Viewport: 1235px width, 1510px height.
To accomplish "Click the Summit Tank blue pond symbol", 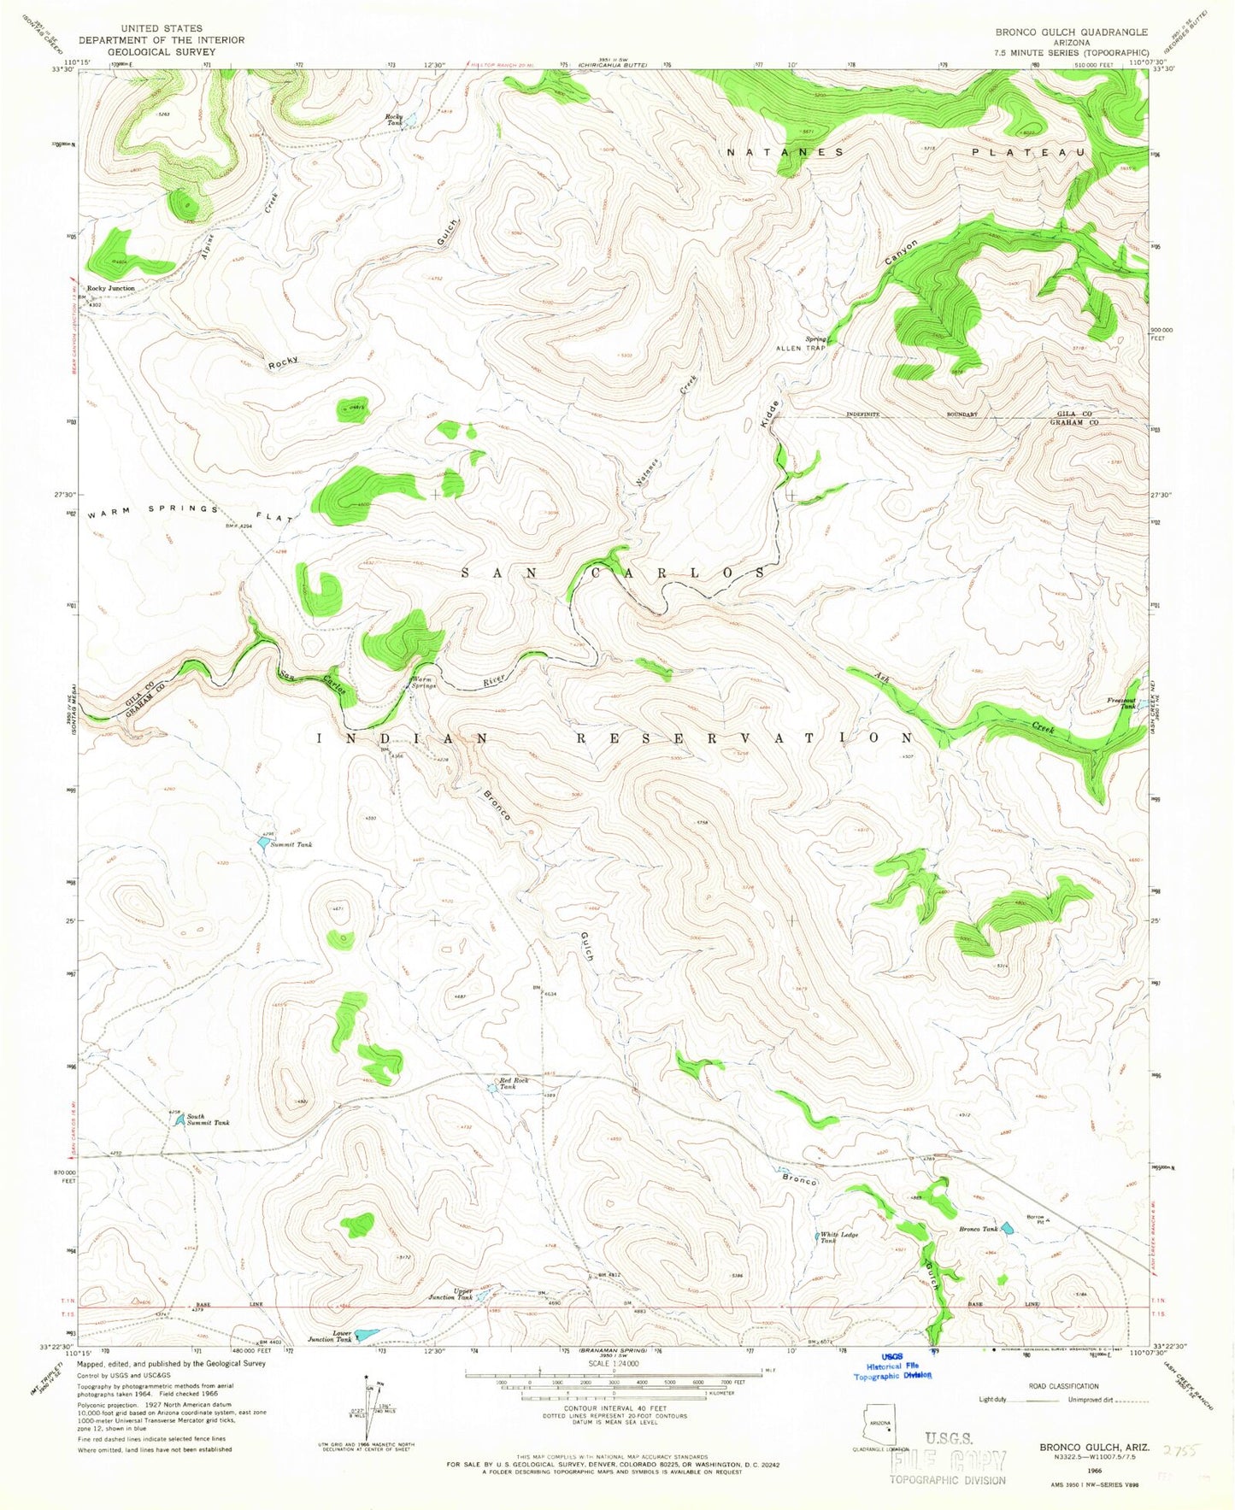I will click(262, 842).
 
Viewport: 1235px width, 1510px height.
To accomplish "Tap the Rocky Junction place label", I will click(110, 289).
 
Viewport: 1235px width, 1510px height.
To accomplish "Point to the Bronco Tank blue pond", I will click(1008, 1228).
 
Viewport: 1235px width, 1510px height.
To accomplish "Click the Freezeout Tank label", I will click(1121, 702).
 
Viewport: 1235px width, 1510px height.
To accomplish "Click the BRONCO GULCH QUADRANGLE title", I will click(1071, 32).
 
